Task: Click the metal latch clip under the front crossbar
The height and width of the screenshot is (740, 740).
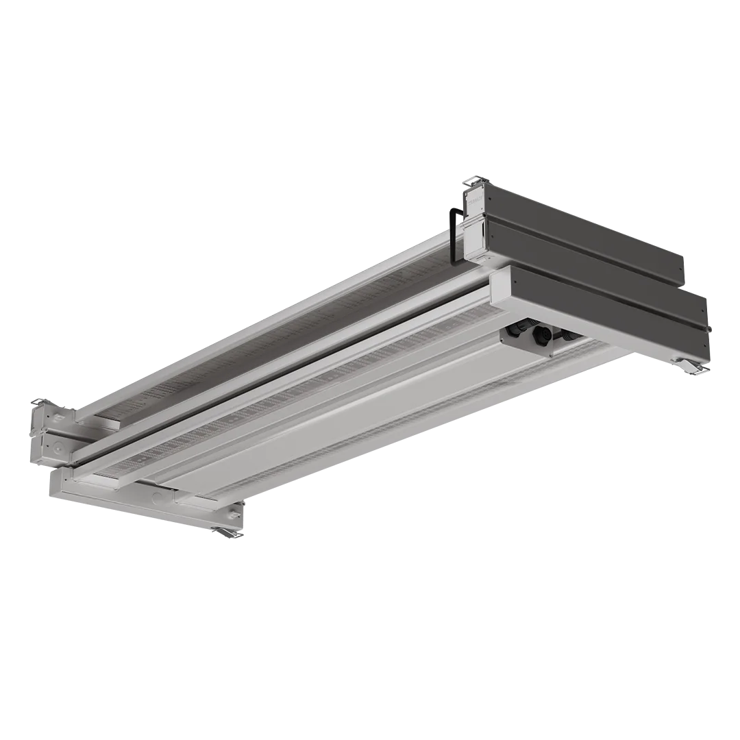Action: tap(227, 531)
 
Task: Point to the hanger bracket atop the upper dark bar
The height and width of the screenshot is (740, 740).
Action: tap(473, 182)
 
